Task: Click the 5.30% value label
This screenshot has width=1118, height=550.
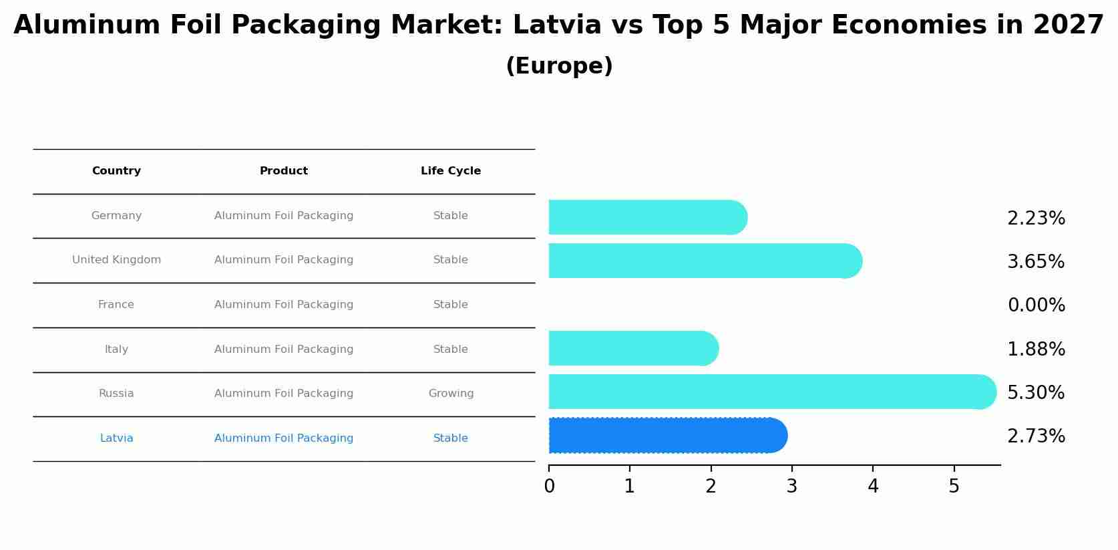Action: coord(1035,393)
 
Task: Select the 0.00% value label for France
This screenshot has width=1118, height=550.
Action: coord(1036,305)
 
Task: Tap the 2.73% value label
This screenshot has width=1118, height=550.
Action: coord(1035,436)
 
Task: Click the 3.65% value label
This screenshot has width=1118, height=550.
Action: coord(1035,262)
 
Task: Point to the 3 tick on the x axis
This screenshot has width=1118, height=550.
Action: coord(791,487)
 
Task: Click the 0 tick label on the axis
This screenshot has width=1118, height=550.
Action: coord(549,487)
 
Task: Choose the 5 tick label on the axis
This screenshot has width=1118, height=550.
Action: coord(954,487)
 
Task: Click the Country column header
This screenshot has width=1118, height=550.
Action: coord(116,171)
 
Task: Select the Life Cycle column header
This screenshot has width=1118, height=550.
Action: coord(451,171)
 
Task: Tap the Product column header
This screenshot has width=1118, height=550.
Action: coord(284,171)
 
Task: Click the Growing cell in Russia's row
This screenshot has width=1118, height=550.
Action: coord(451,394)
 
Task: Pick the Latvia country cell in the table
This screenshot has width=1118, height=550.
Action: coord(116,438)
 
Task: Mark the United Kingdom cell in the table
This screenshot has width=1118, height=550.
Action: coord(116,260)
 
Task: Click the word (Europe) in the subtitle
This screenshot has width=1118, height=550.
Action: coord(559,66)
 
